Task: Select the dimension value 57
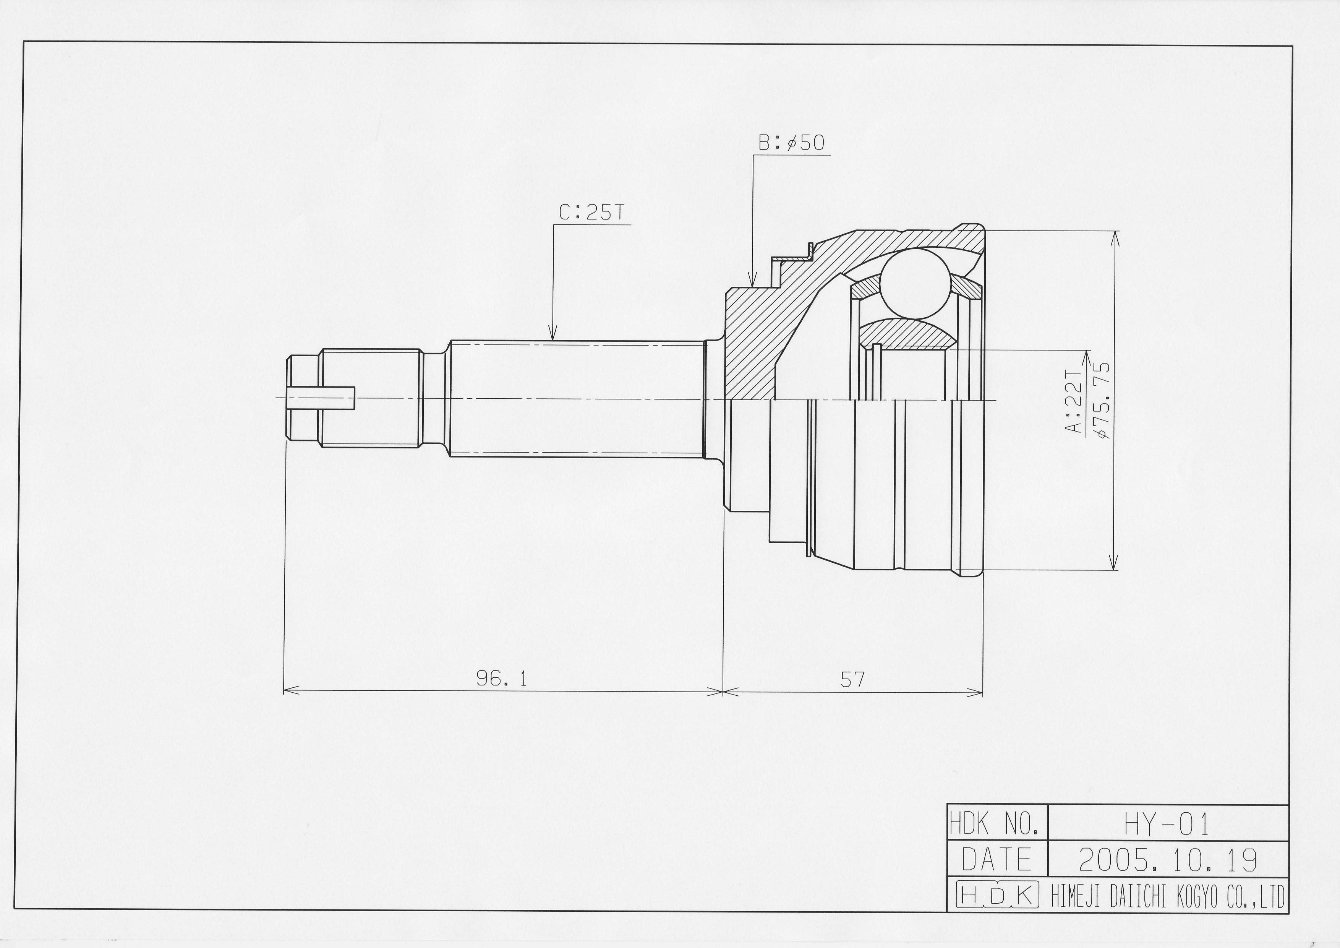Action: (853, 679)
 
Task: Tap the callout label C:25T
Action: (592, 213)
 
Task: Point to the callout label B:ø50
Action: (791, 143)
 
